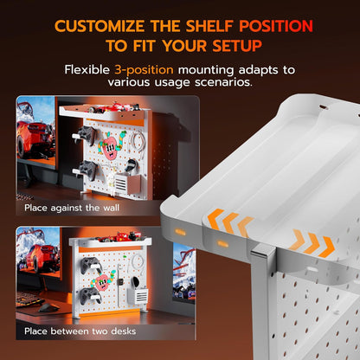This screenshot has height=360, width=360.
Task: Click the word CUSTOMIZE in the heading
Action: click(100, 26)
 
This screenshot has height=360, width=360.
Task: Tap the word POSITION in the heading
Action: click(276, 26)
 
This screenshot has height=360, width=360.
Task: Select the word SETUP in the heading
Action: click(237, 46)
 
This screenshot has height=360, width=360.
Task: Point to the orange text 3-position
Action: click(144, 70)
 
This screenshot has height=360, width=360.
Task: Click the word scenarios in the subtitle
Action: click(223, 82)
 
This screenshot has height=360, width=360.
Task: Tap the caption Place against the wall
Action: click(72, 208)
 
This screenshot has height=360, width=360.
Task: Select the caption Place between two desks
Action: click(80, 331)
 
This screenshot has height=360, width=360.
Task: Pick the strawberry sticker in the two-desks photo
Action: click(101, 280)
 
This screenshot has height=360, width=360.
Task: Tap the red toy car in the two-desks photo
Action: click(119, 237)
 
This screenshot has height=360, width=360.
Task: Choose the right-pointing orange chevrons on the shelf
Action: click(312, 242)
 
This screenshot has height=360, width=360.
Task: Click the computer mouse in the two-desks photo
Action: click(48, 307)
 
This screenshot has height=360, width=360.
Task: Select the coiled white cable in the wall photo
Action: click(138, 142)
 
